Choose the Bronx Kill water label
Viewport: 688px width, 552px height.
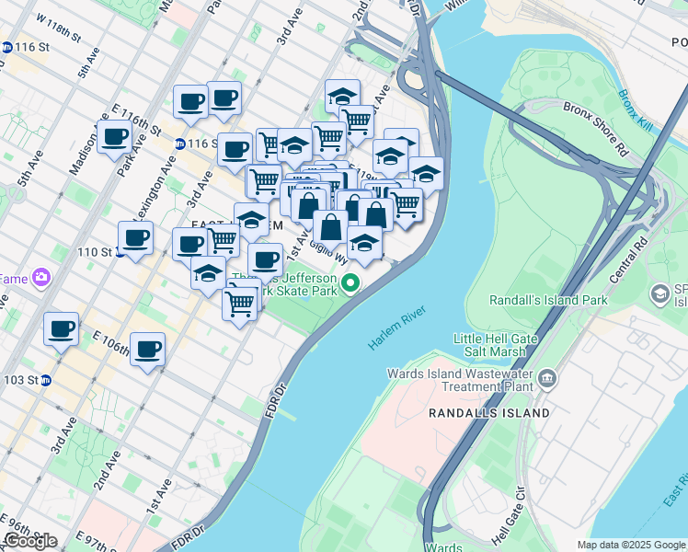point(635,109)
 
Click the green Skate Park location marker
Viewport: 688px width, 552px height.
point(350,282)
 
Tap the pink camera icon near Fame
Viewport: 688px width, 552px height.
point(41,276)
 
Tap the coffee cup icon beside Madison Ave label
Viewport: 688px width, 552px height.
point(114,137)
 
